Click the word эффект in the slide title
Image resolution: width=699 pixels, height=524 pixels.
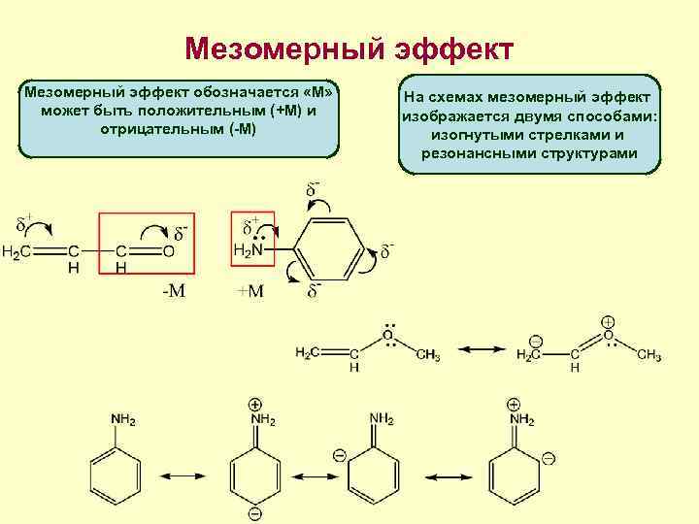click(450, 49)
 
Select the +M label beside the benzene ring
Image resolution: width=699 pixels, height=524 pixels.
click(250, 291)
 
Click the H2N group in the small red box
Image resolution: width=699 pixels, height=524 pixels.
click(249, 250)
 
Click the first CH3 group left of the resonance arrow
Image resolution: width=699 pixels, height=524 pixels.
click(427, 355)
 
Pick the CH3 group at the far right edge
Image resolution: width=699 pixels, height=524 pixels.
click(649, 355)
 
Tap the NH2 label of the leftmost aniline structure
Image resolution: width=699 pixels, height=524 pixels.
click(123, 419)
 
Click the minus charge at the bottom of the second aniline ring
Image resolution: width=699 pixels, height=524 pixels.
click(254, 512)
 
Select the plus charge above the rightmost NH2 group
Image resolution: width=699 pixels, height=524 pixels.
click(513, 404)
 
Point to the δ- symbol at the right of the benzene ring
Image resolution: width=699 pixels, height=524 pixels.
click(386, 249)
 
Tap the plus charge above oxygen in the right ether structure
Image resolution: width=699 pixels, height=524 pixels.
click(608, 321)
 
